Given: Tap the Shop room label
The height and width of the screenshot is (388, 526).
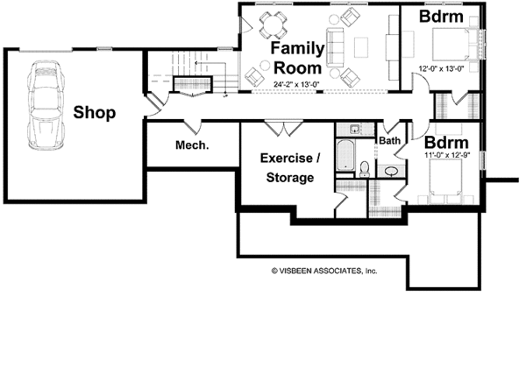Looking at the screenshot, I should coord(95,112).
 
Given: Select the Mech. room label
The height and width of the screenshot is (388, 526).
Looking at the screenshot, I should coord(191,145).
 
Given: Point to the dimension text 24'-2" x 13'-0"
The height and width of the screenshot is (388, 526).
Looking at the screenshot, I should coord(297,85).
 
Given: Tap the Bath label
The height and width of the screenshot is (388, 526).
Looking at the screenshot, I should coord(389,140).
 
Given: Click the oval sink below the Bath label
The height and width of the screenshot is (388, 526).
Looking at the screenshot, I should coord(391,170).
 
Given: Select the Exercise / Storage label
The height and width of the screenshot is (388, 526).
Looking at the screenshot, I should coord(287,168).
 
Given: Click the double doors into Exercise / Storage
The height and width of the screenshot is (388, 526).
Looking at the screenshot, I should coord(280,128).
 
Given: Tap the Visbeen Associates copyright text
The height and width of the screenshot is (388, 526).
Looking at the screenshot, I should coord(323,271).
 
